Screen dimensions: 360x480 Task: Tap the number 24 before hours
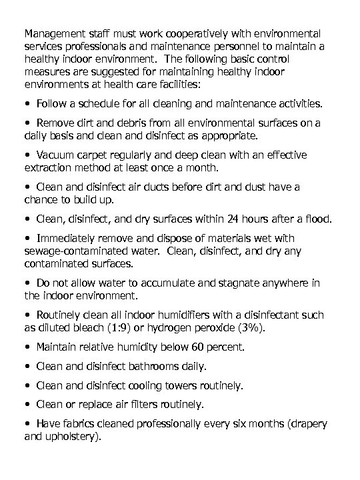pyautogui.click(x=230, y=220)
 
